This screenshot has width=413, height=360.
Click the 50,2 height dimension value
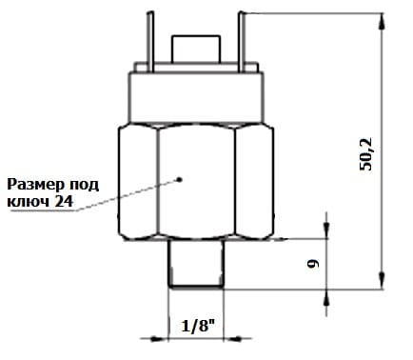point(365,154)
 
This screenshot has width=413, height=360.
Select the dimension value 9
point(313,264)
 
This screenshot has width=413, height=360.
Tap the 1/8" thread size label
point(198,326)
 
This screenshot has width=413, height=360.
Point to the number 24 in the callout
point(64,202)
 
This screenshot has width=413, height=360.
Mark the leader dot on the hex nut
point(180,179)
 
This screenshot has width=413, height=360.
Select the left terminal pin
point(150,42)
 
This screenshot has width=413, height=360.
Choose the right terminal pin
point(242,42)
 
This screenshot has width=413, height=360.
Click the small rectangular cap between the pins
point(196,49)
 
